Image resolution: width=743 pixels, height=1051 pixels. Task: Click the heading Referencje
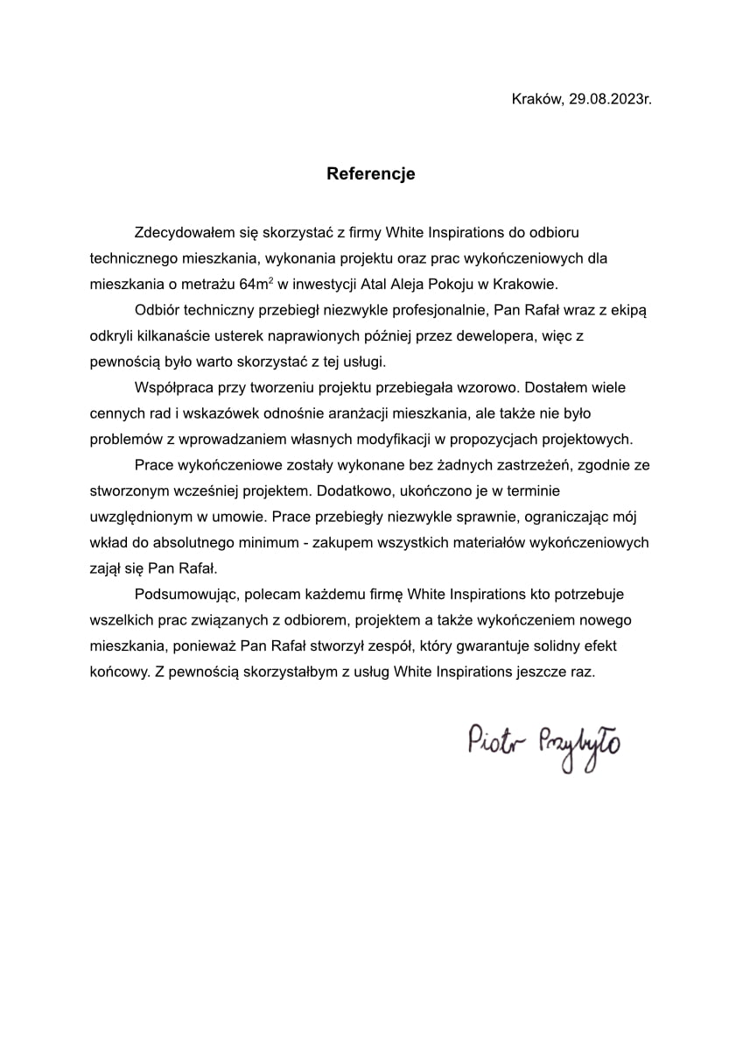tap(371, 173)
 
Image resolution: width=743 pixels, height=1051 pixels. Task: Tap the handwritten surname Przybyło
tap(580, 745)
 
